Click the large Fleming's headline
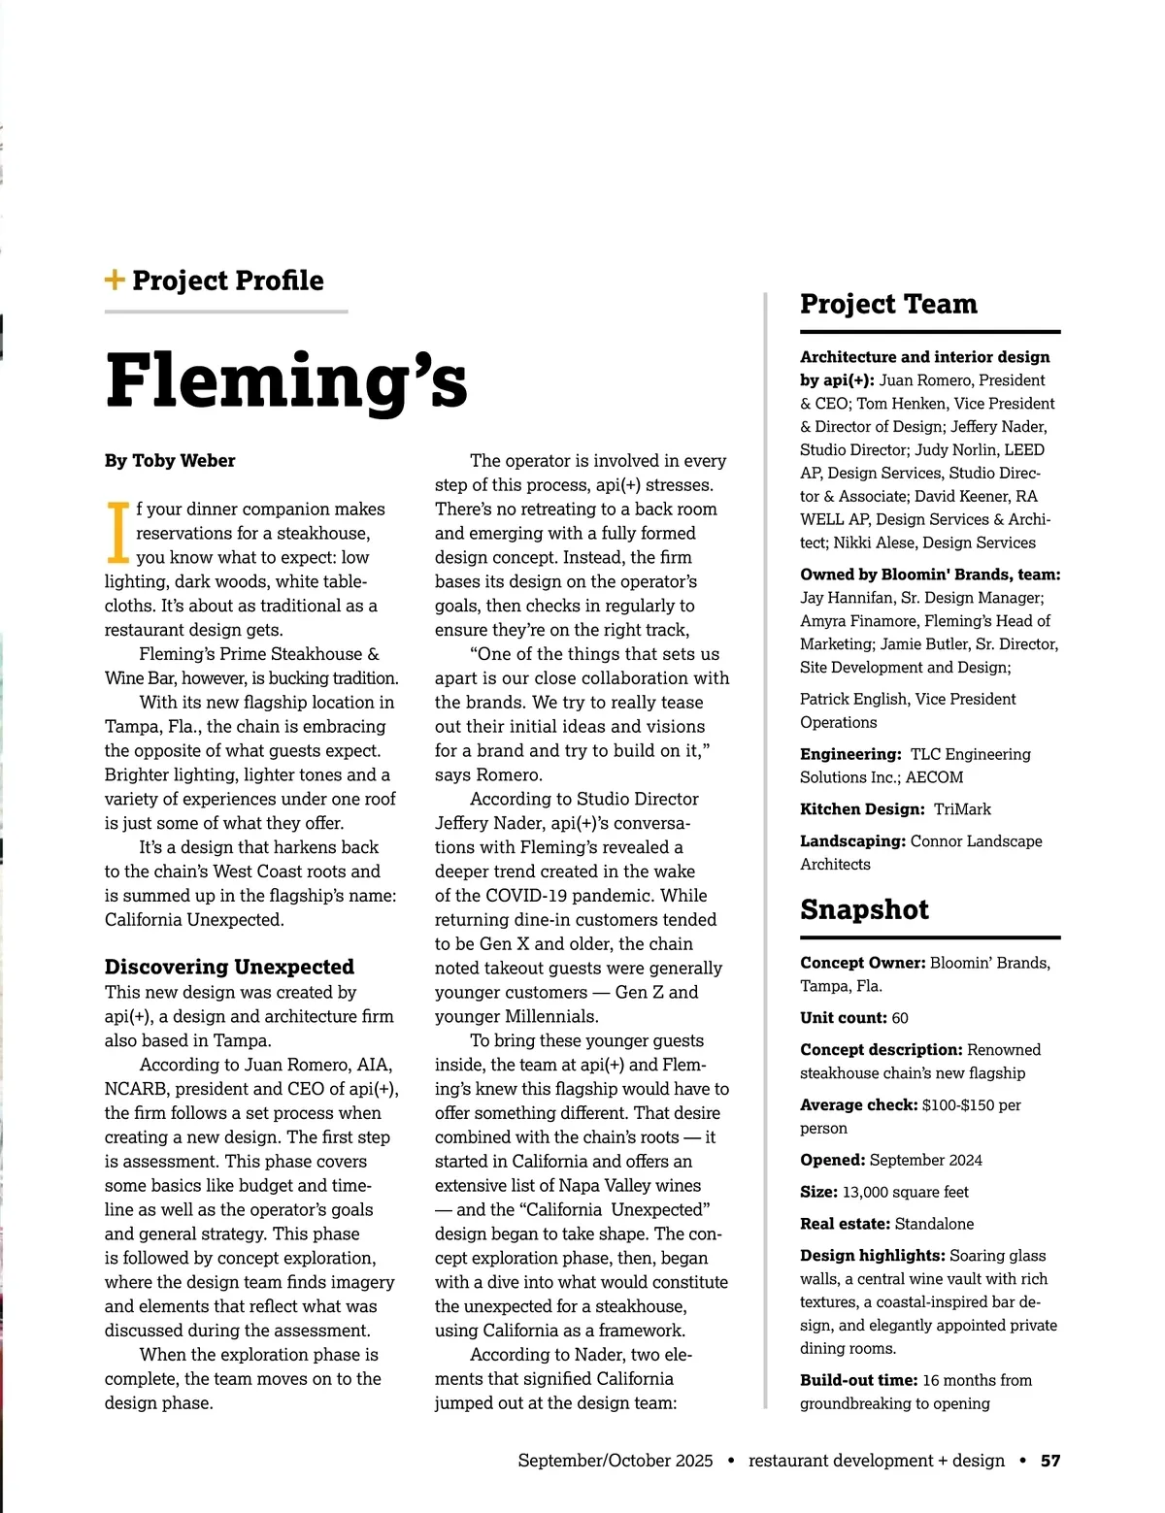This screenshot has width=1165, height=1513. [x=286, y=380]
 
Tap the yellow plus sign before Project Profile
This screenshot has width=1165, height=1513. [x=115, y=280]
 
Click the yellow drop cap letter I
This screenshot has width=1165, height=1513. [x=117, y=533]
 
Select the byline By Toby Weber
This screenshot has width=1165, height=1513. [x=170, y=461]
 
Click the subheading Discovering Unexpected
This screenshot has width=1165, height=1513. [x=229, y=967]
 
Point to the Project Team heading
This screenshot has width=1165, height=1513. [x=888, y=304]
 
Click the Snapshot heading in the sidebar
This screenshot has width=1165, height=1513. [x=864, y=909]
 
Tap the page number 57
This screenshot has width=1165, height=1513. [x=1050, y=1461]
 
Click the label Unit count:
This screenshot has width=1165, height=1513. [x=844, y=1018]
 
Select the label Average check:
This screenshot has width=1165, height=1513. [x=858, y=1104]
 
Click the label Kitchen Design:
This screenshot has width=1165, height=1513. [x=862, y=809]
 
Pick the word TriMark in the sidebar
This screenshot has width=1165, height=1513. [x=962, y=809]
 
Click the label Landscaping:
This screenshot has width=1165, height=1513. [x=852, y=841]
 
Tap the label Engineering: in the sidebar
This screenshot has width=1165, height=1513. [x=850, y=754]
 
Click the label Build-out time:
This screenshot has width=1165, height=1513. [x=858, y=1380]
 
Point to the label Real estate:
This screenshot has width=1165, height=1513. [x=845, y=1224]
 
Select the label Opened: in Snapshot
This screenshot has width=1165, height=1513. [x=832, y=1160]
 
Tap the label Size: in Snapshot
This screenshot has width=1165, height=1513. [x=818, y=1192]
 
